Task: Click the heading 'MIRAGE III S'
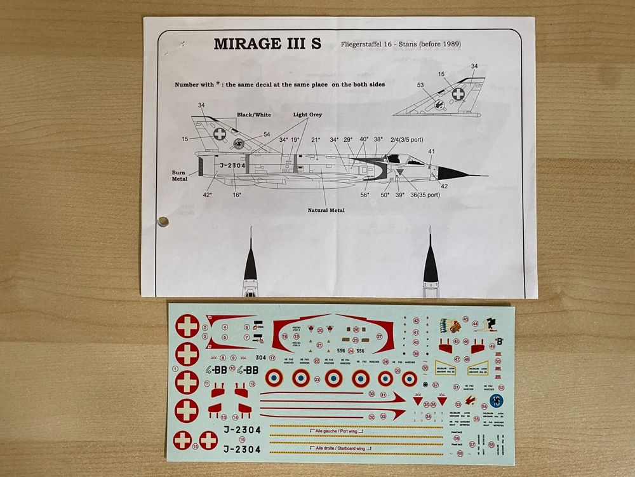coord(268,45)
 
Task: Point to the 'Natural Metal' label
coord(326,210)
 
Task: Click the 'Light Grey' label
coord(307,115)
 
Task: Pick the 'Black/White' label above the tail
coord(254,115)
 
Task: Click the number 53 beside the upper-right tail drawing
coord(420,85)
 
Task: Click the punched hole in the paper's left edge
coord(163,221)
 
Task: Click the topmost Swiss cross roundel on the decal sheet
coord(187,327)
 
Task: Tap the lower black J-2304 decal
coord(242,448)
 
